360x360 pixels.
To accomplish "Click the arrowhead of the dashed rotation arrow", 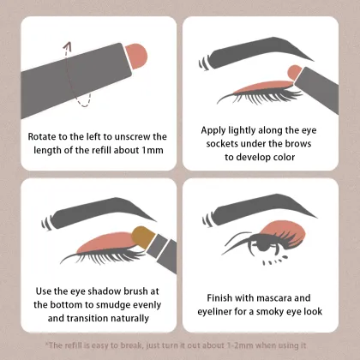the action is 68,45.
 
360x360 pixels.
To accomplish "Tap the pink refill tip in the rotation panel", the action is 137,56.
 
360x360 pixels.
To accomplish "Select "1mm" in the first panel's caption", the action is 153,150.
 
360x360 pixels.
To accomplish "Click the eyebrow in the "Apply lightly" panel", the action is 256,52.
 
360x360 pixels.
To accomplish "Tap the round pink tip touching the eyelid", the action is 295,73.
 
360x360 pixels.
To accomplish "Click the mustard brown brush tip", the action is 143,237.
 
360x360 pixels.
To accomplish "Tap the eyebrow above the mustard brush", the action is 99,213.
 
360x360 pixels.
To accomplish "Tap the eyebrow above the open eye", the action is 260,209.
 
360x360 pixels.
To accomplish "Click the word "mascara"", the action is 274,298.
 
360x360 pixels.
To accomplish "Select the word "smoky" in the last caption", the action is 271,312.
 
